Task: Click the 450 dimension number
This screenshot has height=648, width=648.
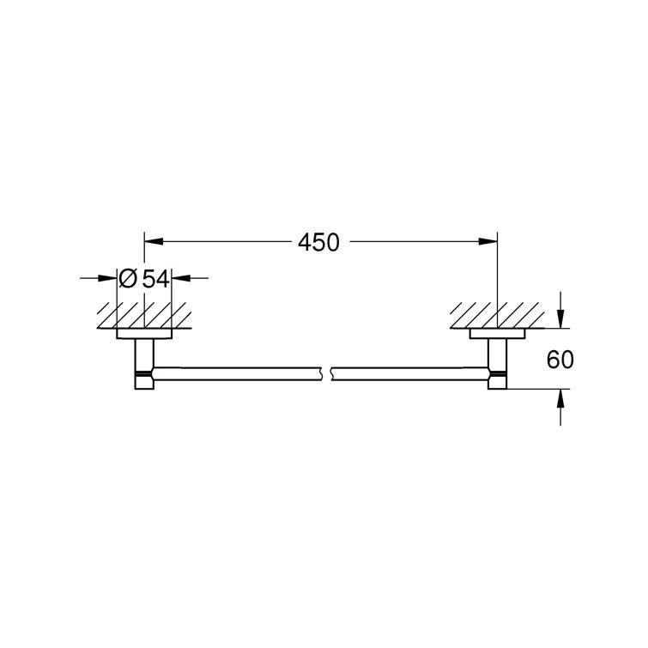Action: pyautogui.click(x=318, y=243)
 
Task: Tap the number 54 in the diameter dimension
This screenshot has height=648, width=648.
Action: pyautogui.click(x=154, y=278)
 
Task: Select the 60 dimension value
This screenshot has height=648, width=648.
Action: pyautogui.click(x=560, y=360)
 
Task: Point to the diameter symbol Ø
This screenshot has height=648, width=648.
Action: pyautogui.click(x=127, y=278)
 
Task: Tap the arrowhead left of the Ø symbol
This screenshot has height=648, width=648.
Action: pyautogui.click(x=111, y=278)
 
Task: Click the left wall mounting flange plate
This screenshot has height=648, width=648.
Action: pyautogui.click(x=144, y=333)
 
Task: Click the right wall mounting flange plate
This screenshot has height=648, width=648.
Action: pyautogui.click(x=497, y=333)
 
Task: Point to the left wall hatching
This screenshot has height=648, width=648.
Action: pyautogui.click(x=144, y=314)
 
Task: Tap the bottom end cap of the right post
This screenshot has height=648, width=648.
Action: pyautogui.click(x=497, y=384)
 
